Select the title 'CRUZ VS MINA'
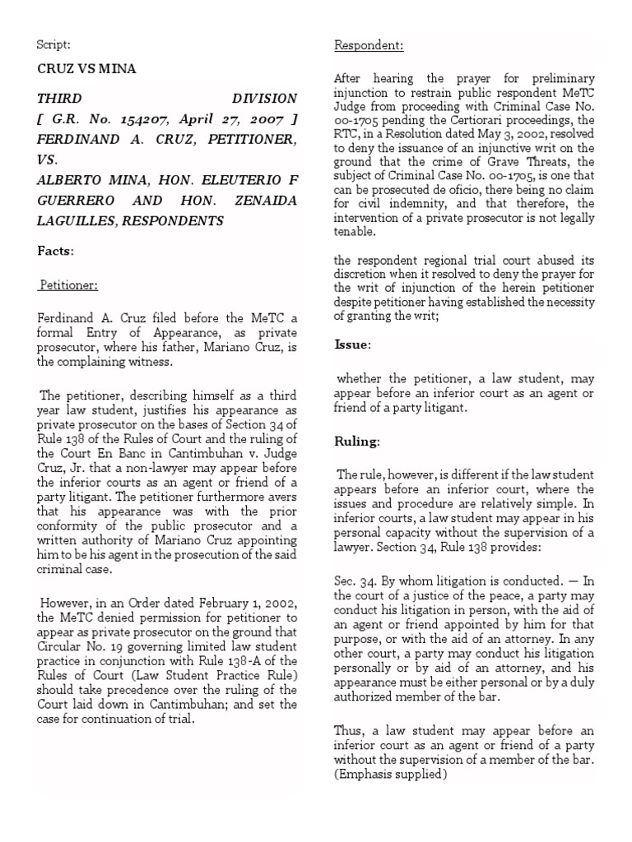point(87,69)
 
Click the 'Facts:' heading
point(56,250)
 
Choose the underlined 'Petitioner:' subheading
point(69,285)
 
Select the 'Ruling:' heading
point(356,442)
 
